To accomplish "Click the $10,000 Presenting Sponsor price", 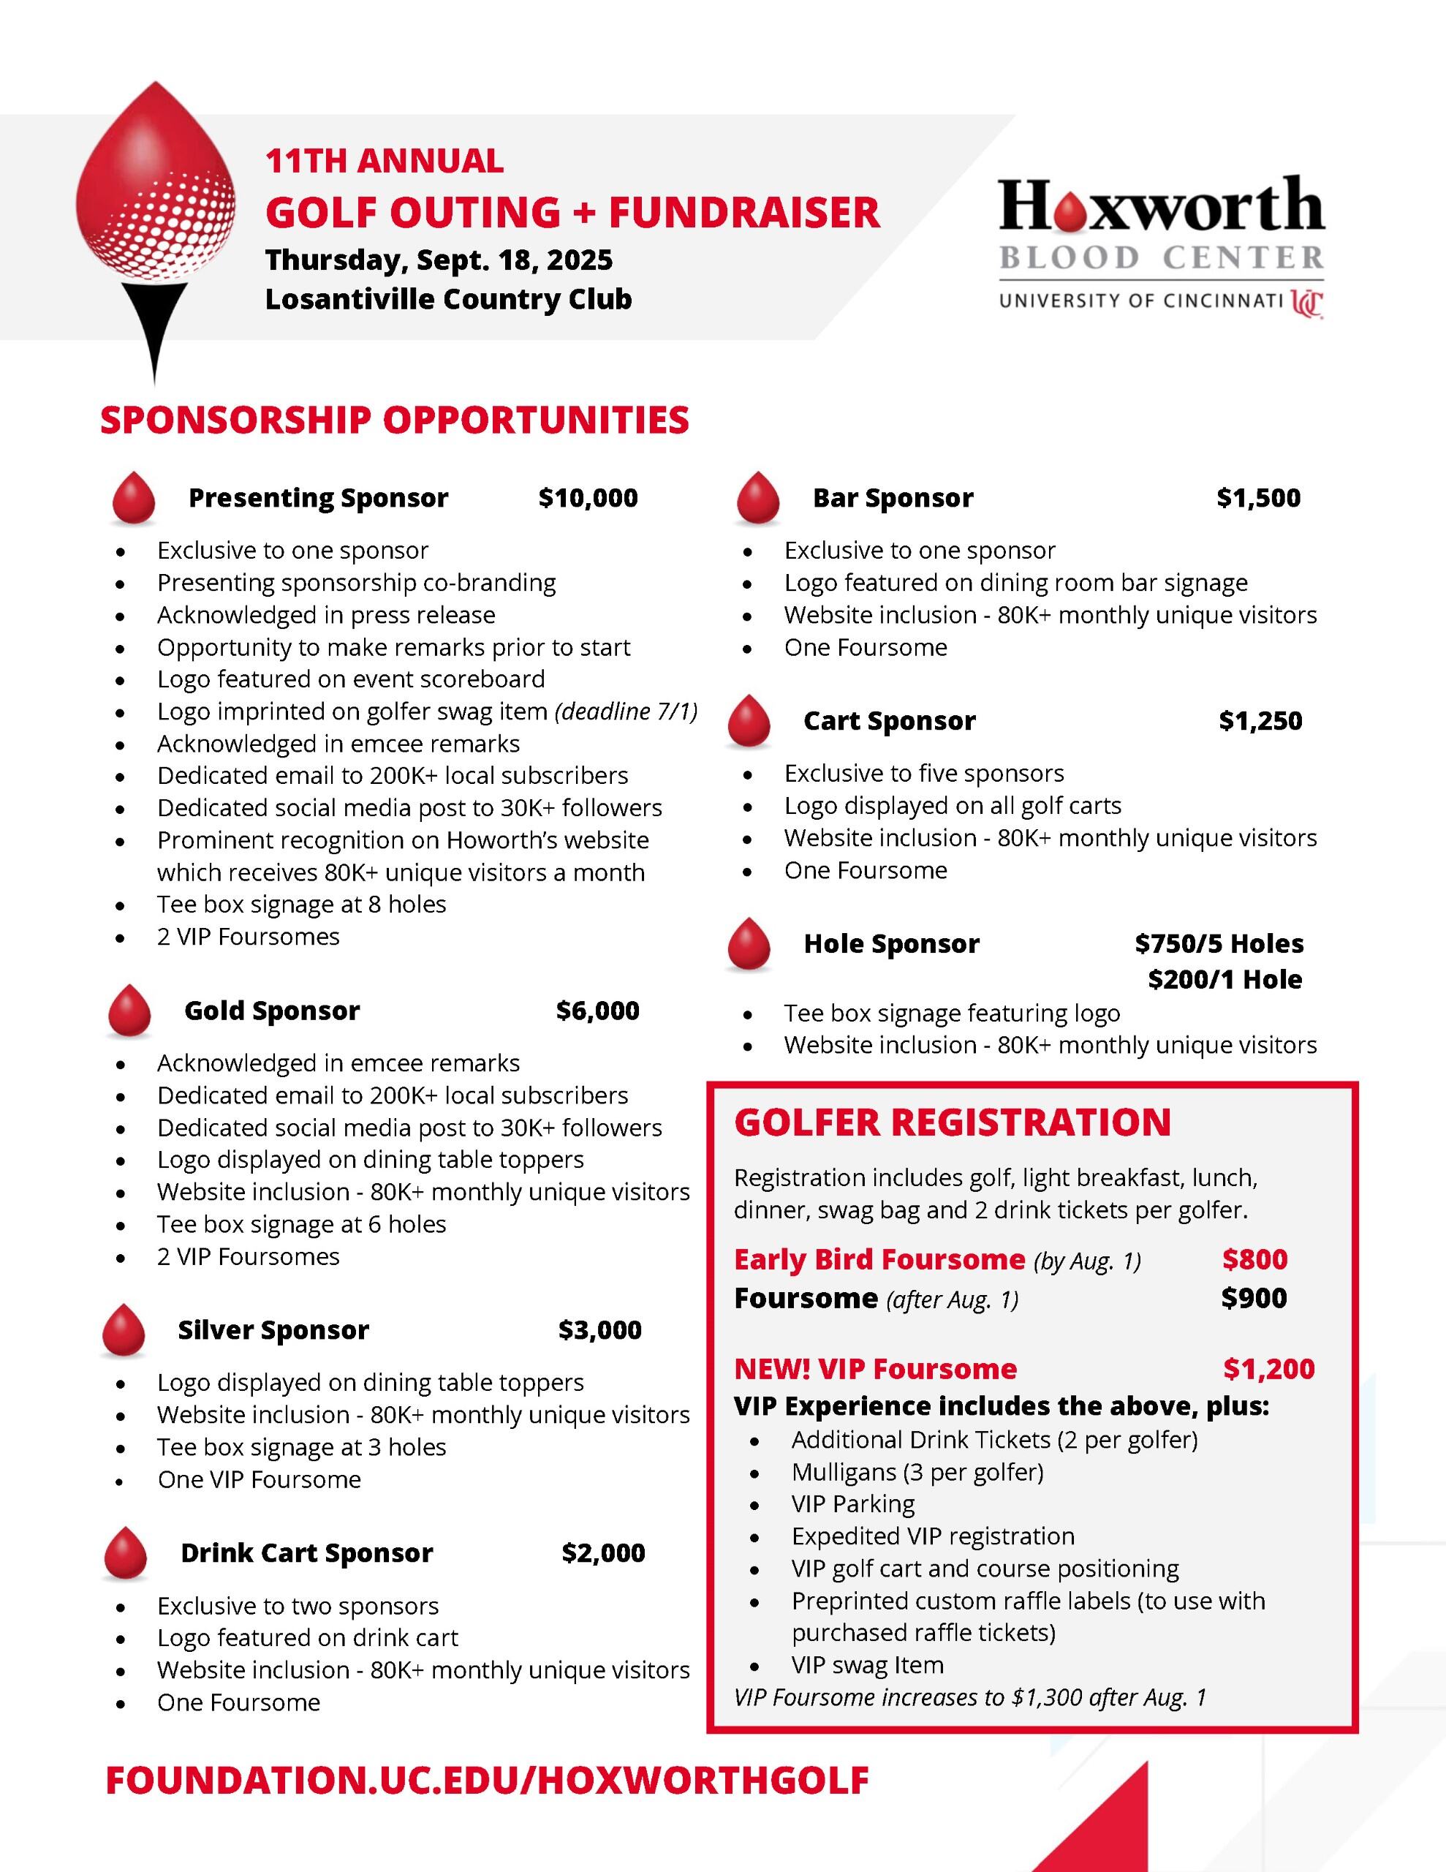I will pyautogui.click(x=588, y=498).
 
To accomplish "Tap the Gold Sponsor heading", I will pyautogui.click(x=272, y=1011).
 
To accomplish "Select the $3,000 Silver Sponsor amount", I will pyautogui.click(x=600, y=1329).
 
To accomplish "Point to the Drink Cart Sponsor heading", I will pyautogui.click(x=306, y=1552).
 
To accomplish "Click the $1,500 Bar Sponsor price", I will pyautogui.click(x=1258, y=498).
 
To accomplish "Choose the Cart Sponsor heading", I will pyautogui.click(x=889, y=721).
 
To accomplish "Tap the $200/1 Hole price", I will pyautogui.click(x=1224, y=979).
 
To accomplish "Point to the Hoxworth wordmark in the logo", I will pyautogui.click(x=1162, y=205).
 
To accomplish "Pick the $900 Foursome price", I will pyautogui.click(x=1254, y=1298).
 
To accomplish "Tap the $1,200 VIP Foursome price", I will pyautogui.click(x=1268, y=1369).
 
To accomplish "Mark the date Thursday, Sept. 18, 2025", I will pyautogui.click(x=439, y=260).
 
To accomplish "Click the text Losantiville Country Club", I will pyautogui.click(x=448, y=299).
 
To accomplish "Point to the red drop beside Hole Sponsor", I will pyautogui.click(x=749, y=944).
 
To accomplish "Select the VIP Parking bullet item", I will pyautogui.click(x=853, y=1503).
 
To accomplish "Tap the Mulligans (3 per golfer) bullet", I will pyautogui.click(x=917, y=1472).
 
